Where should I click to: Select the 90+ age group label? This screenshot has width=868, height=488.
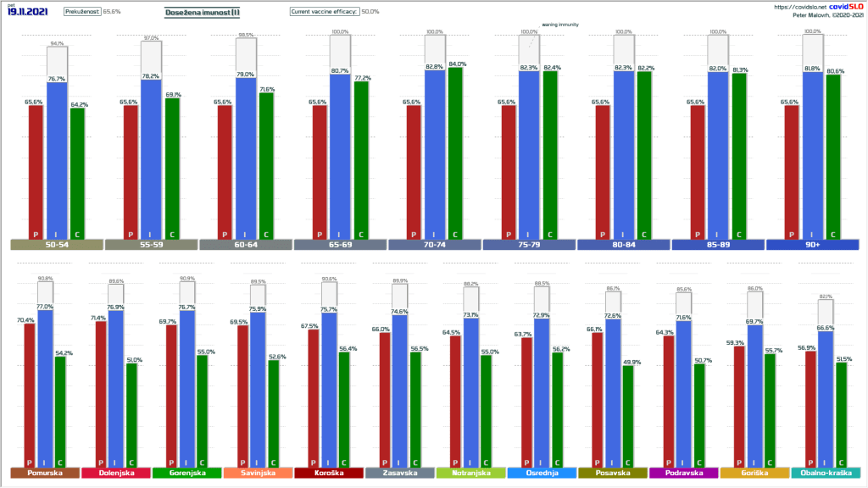(812, 246)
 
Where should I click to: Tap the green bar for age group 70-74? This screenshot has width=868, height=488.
(455, 152)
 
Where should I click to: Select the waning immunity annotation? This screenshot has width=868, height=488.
(559, 25)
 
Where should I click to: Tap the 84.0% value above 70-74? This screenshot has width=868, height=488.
(456, 64)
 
